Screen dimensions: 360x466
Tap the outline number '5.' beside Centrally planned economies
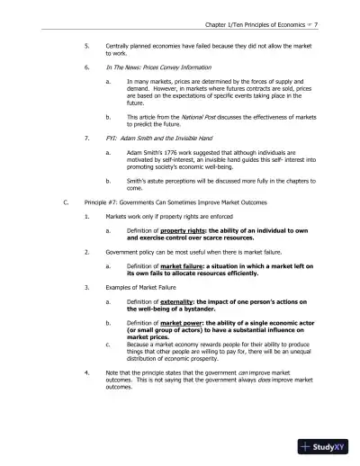(x=86, y=42)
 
